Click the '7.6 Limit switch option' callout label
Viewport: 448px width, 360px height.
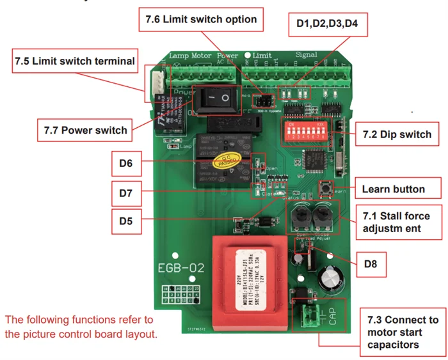point(200,19)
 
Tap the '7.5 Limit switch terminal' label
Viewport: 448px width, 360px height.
point(75,61)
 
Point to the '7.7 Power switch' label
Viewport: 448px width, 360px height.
point(86,130)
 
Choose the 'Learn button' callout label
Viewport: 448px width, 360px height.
point(393,189)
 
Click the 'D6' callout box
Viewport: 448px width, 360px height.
point(125,164)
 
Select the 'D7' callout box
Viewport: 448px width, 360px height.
point(125,191)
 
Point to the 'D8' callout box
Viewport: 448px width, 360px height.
point(371,263)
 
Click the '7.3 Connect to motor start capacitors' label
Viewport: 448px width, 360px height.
point(403,332)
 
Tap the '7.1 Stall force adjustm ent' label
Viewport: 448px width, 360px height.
point(396,222)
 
